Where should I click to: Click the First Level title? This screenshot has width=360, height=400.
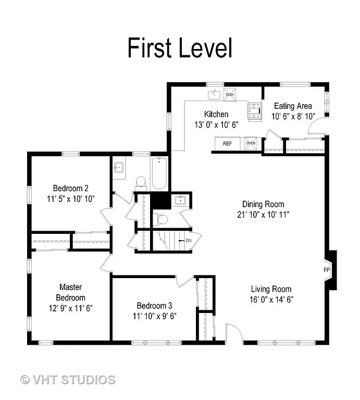pos(180,48)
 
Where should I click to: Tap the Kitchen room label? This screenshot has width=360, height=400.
pos(216,115)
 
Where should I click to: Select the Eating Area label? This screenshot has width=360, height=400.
pos(293,106)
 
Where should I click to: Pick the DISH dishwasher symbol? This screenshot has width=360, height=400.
pos(229,94)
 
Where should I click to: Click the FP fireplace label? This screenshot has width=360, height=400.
pos(327,270)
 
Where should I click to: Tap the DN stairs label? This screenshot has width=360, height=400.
pos(189,241)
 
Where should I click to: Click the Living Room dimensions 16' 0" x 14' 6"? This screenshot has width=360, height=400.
pos(270,299)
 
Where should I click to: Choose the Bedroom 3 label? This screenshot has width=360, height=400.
pos(154,306)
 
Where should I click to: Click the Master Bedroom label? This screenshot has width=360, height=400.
pos(71,292)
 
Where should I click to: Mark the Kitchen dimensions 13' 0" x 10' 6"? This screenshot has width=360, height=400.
pos(216,125)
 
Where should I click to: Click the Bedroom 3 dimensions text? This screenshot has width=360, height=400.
pos(154,316)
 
